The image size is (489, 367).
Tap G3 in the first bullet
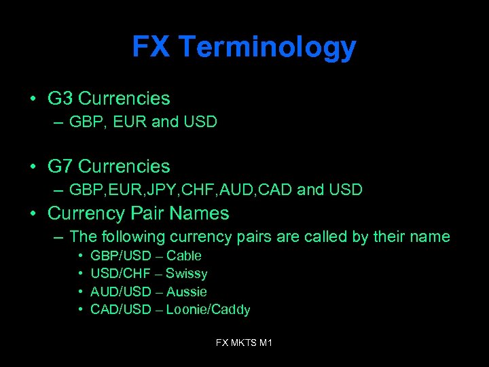point(60,99)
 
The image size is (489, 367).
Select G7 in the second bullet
point(60,167)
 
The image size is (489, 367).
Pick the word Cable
point(184,256)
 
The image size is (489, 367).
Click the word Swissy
point(187,274)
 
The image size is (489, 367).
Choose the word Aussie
point(187,292)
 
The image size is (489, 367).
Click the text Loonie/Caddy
point(209,310)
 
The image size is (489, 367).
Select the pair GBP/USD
point(121,256)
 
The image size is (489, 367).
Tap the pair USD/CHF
point(120,274)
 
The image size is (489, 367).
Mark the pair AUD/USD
point(120,292)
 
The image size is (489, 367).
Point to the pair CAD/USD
point(120,310)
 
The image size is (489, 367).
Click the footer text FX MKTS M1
point(244,343)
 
